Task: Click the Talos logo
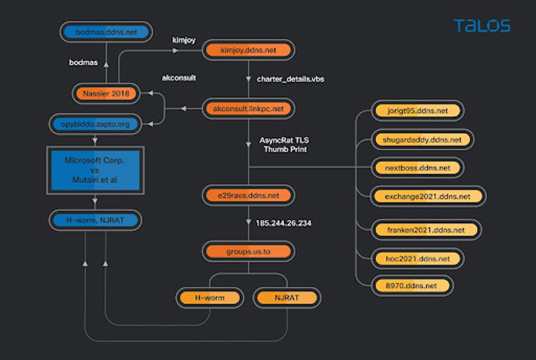(482, 26)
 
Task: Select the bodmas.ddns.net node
(107, 32)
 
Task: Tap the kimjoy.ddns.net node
(249, 50)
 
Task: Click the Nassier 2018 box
(106, 94)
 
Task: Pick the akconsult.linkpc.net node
(249, 109)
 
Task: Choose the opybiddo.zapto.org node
(95, 124)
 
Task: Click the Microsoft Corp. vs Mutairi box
(95, 171)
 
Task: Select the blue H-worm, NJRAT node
(95, 220)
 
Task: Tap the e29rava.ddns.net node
(249, 195)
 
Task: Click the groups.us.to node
(249, 251)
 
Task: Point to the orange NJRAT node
(287, 297)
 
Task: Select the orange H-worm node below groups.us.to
(210, 297)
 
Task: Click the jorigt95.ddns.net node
(417, 111)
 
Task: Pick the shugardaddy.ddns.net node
(422, 140)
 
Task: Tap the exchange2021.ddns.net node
(428, 197)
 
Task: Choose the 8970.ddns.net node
(412, 286)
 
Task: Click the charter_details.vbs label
(290, 79)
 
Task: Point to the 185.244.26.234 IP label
(284, 223)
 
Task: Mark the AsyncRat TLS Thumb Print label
(285, 145)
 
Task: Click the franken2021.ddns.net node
(426, 230)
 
